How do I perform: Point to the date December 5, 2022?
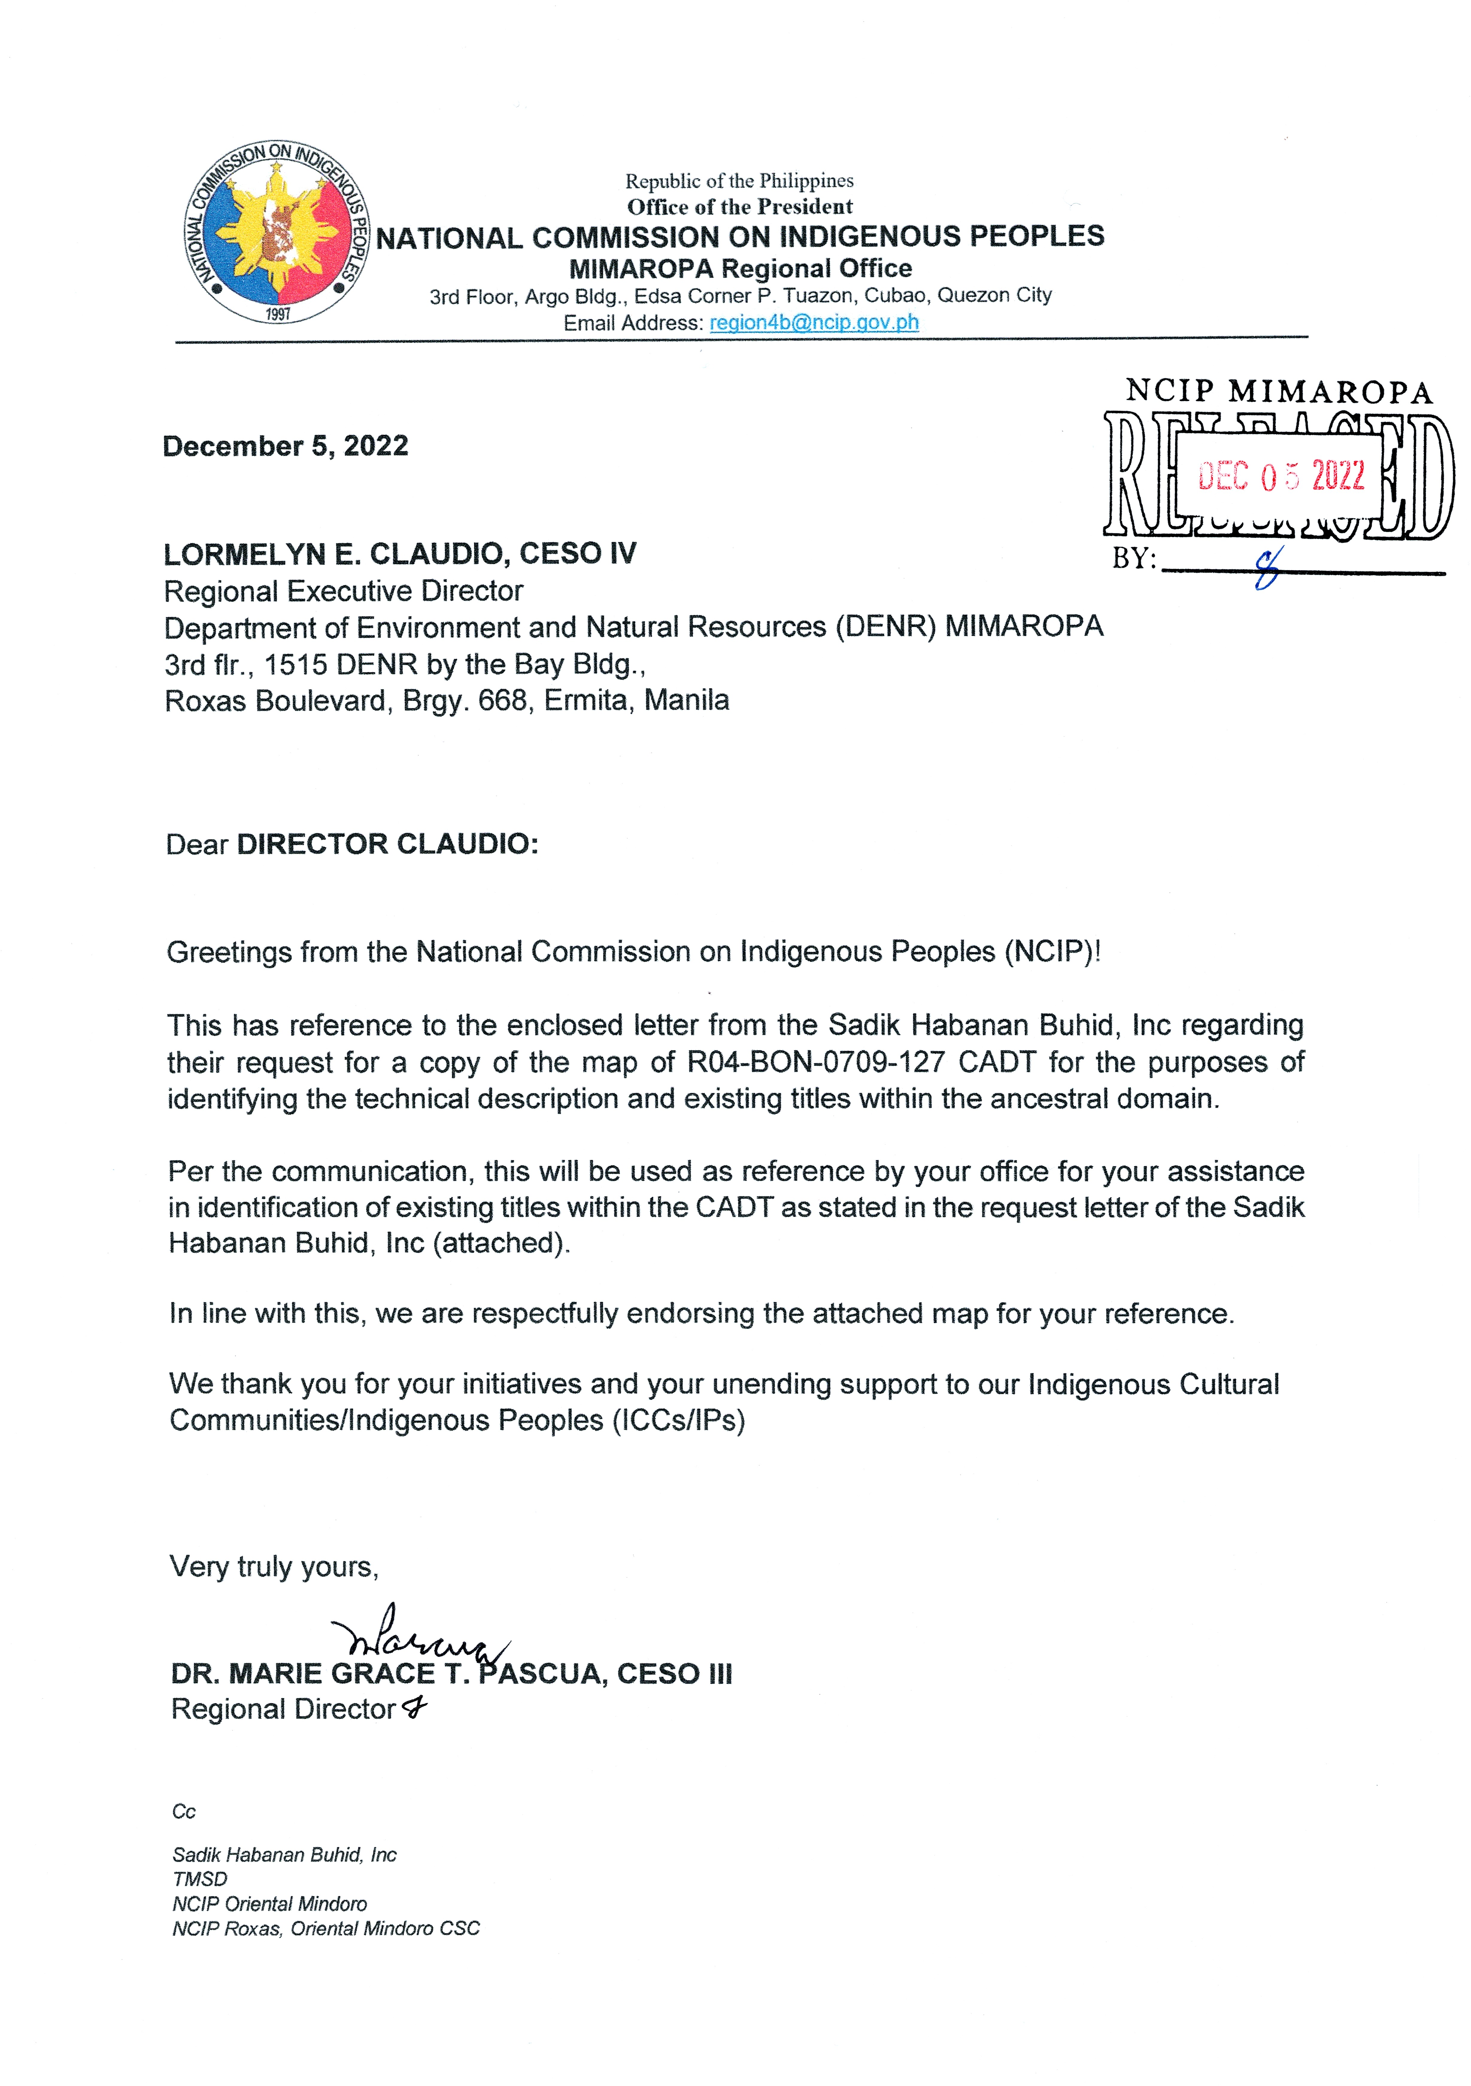click(x=285, y=446)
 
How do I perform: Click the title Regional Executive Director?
click(x=343, y=591)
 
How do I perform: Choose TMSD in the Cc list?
click(x=200, y=1879)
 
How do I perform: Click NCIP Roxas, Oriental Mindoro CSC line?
click(x=325, y=1928)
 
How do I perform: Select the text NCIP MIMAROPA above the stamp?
click(x=1279, y=392)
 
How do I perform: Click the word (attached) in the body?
click(x=501, y=1243)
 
